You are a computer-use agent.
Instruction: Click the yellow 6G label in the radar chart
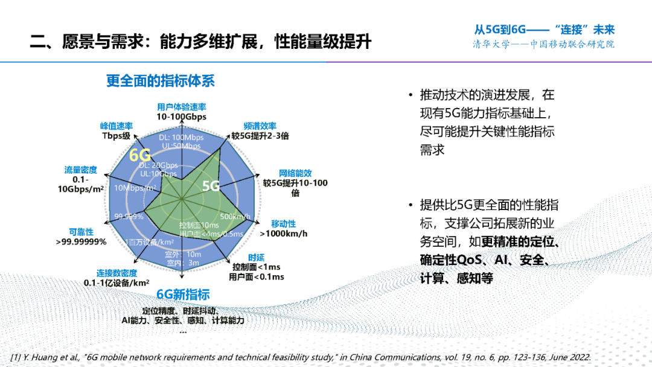pos(140,155)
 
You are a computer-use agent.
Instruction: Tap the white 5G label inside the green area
pos(211,185)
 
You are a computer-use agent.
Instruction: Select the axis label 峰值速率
pos(117,126)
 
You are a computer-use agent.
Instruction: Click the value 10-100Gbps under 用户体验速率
pos(181,116)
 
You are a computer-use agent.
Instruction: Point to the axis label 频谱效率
pos(260,126)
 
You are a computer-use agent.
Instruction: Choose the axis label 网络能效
pos(295,173)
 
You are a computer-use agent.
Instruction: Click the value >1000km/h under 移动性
pos(284,234)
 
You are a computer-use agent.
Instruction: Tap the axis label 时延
pos(256,258)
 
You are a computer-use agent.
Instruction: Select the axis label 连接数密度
pos(117,272)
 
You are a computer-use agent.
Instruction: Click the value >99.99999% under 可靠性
pos(81,241)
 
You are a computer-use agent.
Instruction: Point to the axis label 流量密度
pos(81,170)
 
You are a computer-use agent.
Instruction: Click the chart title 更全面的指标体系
pos(161,80)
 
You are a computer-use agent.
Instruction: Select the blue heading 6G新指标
pos(183,295)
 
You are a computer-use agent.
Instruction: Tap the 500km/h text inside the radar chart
pos(235,217)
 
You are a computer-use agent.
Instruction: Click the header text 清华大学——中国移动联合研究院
pos(543,45)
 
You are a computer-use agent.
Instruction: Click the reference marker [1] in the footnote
pos(18,357)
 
